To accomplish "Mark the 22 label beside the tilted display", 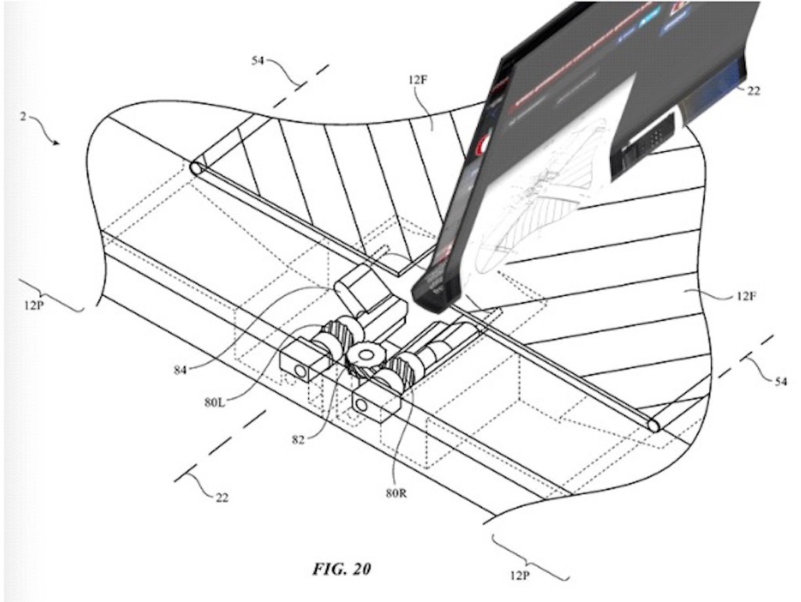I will pyautogui.click(x=753, y=92).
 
